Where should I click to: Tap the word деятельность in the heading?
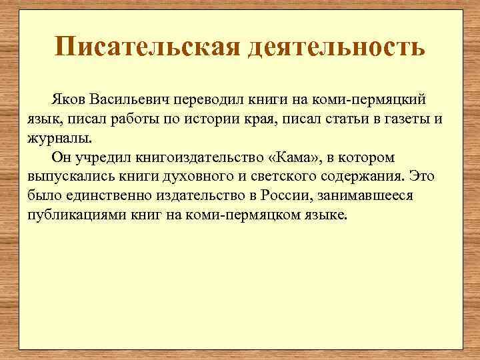pyautogui.click(x=338, y=47)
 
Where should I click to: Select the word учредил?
pyautogui.click(x=101, y=157)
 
